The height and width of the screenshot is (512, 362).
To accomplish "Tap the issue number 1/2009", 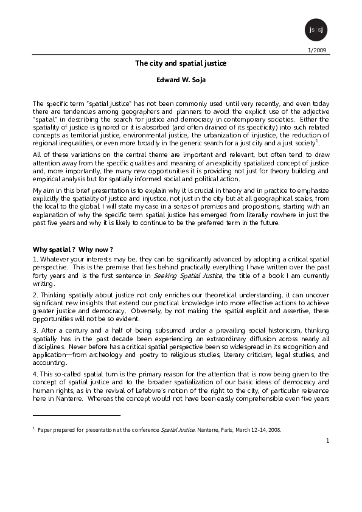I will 319,50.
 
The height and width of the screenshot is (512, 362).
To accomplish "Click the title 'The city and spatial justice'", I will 181,63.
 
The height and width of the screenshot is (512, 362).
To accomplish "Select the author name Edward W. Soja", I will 180,80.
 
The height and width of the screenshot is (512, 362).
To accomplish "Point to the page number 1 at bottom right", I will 327,440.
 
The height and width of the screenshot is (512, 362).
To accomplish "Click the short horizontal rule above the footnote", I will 77,415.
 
